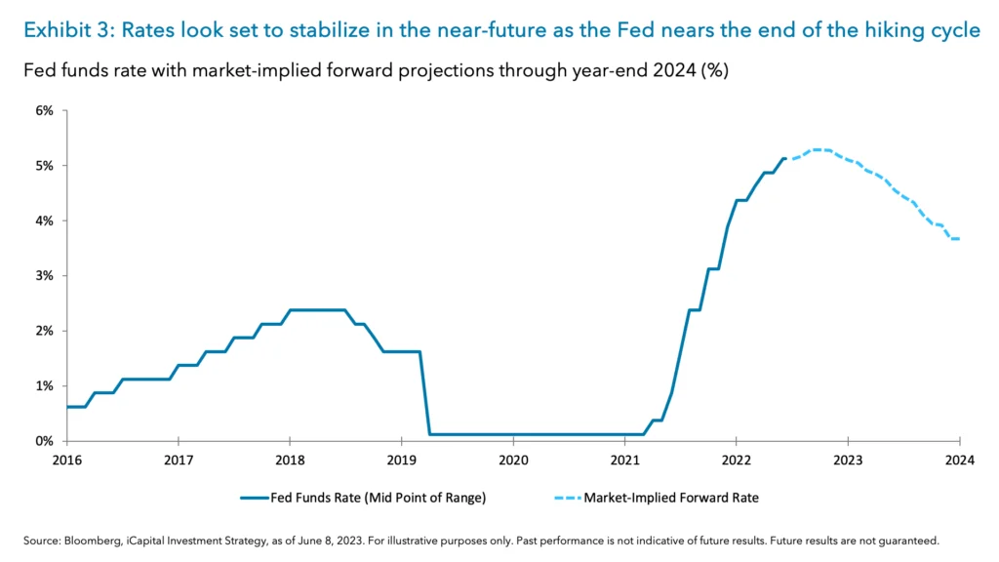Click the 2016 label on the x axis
point(66,460)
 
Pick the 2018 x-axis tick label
point(290,460)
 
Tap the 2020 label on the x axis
point(513,460)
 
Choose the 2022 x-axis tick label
point(737,460)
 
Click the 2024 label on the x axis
point(960,460)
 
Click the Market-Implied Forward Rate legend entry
point(671,498)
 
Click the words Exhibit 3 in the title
point(62,30)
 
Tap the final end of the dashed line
point(960,239)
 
